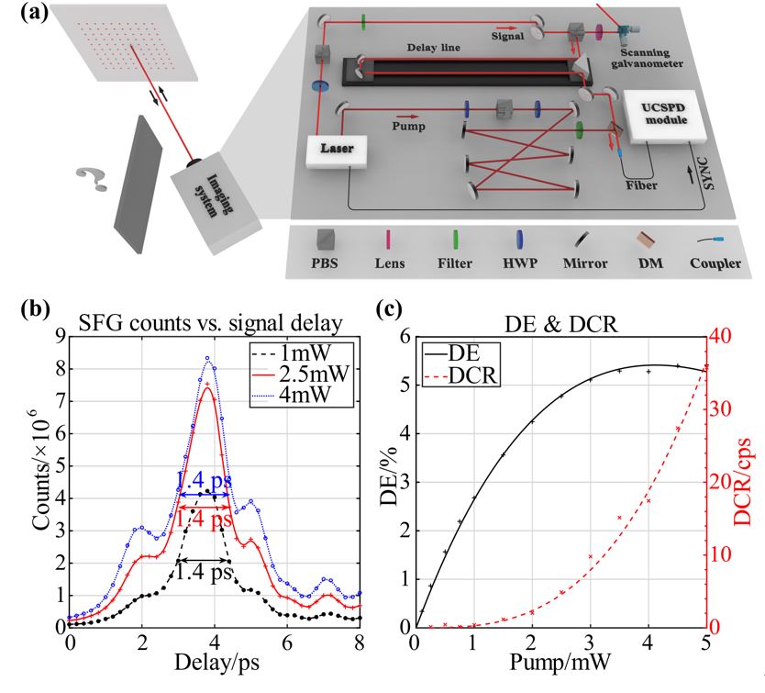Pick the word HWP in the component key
pyautogui.click(x=519, y=263)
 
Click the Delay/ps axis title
pyautogui.click(x=215, y=662)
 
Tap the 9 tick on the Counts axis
pyautogui.click(x=58, y=336)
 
